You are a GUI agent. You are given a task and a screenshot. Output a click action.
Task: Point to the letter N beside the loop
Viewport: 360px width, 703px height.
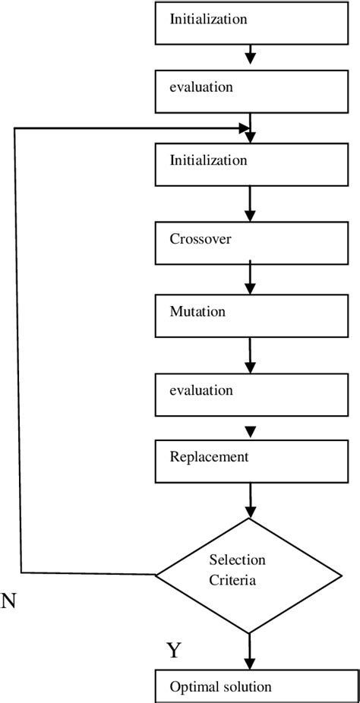pyautogui.click(x=8, y=602)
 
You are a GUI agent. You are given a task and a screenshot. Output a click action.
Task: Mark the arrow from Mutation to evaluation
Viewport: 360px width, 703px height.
pyautogui.click(x=250, y=355)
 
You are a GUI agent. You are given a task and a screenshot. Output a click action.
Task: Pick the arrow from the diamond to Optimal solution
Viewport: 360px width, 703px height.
pyautogui.click(x=250, y=651)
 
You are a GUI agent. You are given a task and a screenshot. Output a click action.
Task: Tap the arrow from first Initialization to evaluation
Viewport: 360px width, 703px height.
pyautogui.click(x=250, y=55)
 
